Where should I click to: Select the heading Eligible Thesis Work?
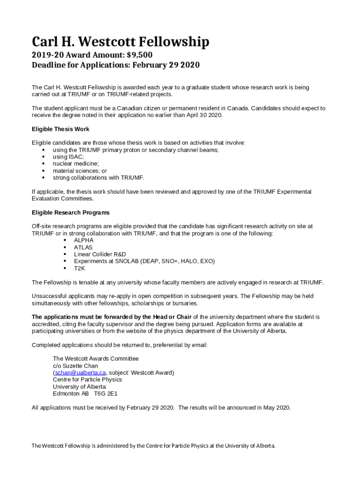(x=60, y=129)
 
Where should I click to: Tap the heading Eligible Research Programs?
(x=71, y=212)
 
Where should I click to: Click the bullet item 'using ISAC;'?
(x=68, y=157)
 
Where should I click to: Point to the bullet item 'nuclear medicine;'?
(x=76, y=164)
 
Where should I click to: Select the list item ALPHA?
(x=84, y=240)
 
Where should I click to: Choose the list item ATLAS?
(x=83, y=247)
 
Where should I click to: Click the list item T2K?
(x=79, y=269)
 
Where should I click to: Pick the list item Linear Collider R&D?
(x=100, y=254)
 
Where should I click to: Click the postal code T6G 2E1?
(x=106, y=393)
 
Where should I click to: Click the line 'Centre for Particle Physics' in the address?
(x=87, y=379)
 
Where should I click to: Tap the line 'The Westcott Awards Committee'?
(x=96, y=358)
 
